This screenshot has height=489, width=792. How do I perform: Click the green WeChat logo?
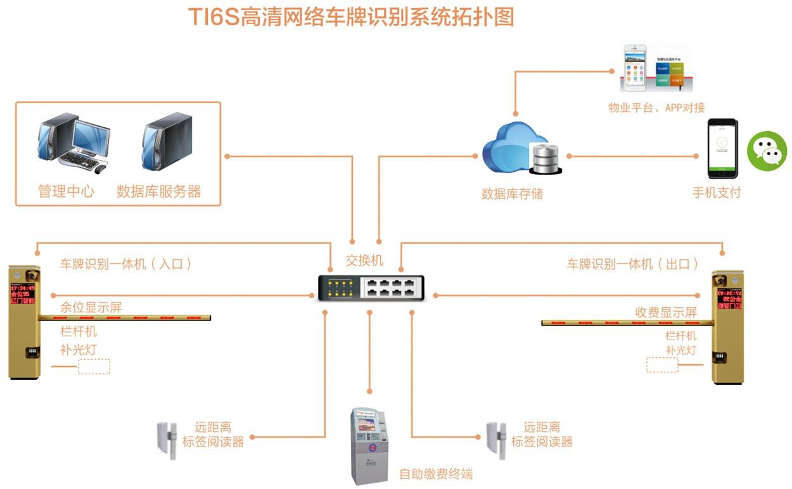coord(767,151)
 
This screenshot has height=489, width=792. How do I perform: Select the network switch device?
coord(370,289)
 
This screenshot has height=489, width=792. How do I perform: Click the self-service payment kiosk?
coord(369,447)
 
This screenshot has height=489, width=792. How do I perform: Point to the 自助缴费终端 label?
coord(436,474)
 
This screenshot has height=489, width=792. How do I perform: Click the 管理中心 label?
coord(66,191)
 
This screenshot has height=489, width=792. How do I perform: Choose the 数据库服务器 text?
coord(158,191)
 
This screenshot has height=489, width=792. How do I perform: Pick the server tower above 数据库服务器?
coord(167,141)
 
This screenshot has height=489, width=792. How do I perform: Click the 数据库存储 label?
coord(512,194)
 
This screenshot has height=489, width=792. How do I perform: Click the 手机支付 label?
coord(717,193)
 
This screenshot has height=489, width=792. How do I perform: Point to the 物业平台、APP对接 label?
coord(656,108)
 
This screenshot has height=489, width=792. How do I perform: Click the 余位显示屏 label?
coord(91,308)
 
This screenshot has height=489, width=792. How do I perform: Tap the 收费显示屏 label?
coord(666,312)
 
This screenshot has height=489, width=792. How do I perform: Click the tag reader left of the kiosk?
coord(167,437)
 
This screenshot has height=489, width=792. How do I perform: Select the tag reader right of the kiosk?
coord(496,437)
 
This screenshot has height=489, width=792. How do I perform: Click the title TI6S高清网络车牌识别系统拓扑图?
coord(350,16)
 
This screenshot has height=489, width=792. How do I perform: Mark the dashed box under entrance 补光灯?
coord(94,367)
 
